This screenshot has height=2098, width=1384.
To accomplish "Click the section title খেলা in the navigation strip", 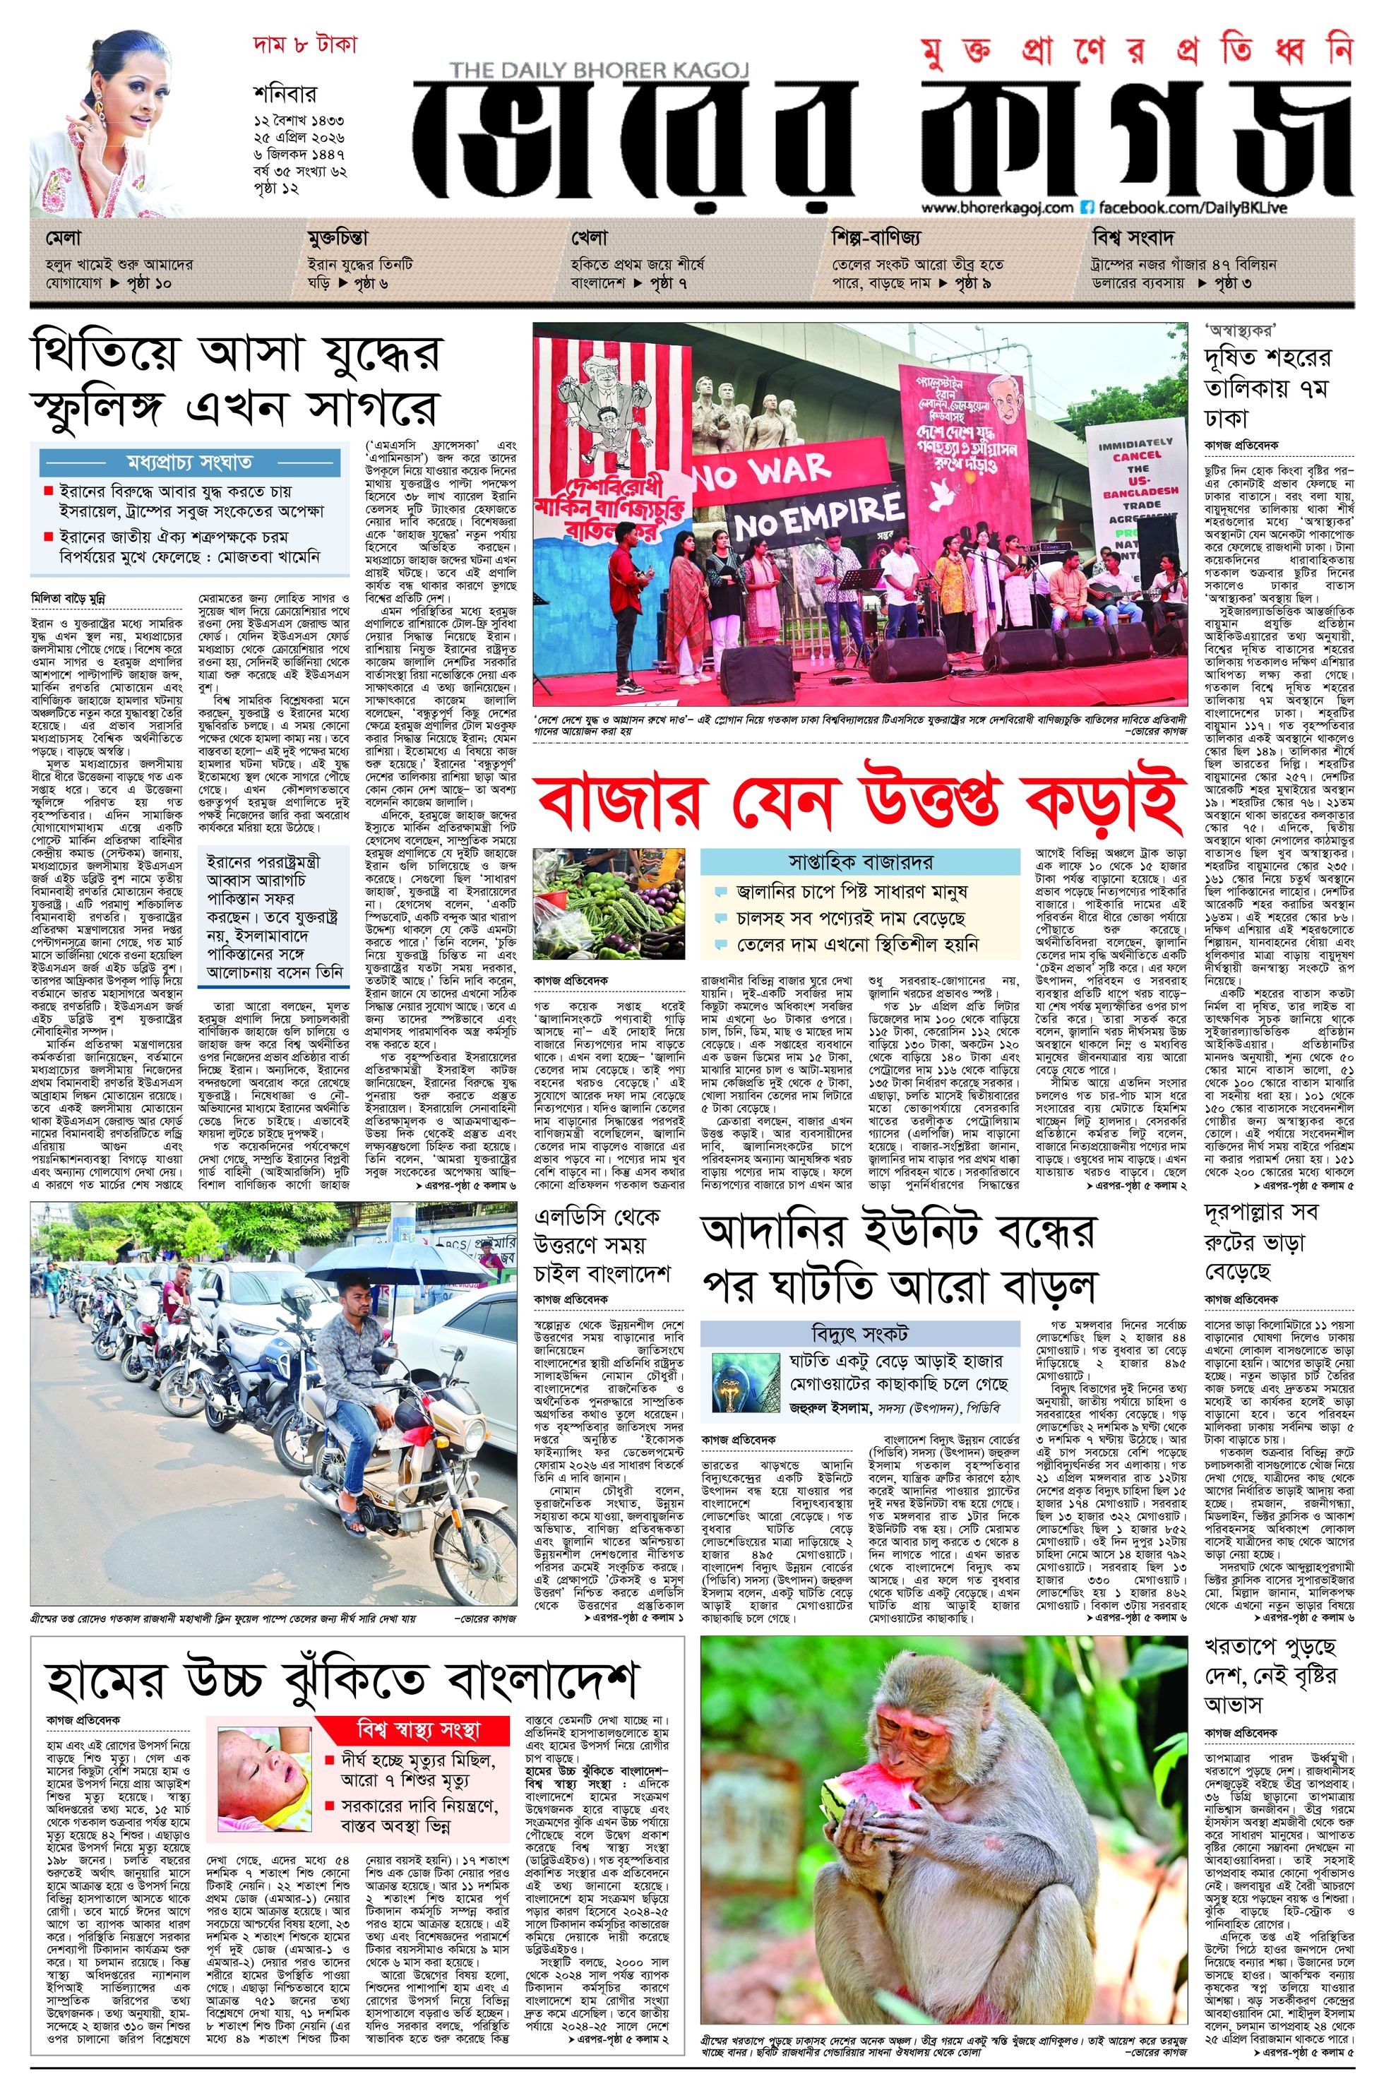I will (x=587, y=238).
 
